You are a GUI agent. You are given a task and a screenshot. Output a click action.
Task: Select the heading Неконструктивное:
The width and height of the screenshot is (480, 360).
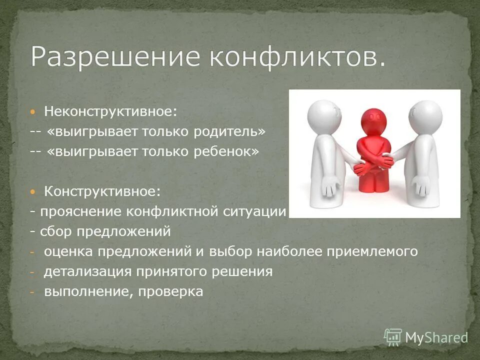point(110,111)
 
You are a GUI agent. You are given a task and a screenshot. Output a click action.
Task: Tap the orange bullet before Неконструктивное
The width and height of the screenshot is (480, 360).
point(32,111)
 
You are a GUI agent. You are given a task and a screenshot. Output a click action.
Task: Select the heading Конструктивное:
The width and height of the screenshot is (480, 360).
point(102,191)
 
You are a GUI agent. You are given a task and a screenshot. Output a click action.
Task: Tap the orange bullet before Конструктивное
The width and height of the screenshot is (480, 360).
point(32,191)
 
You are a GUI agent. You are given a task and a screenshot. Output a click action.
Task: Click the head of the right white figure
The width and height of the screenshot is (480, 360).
point(425,115)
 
